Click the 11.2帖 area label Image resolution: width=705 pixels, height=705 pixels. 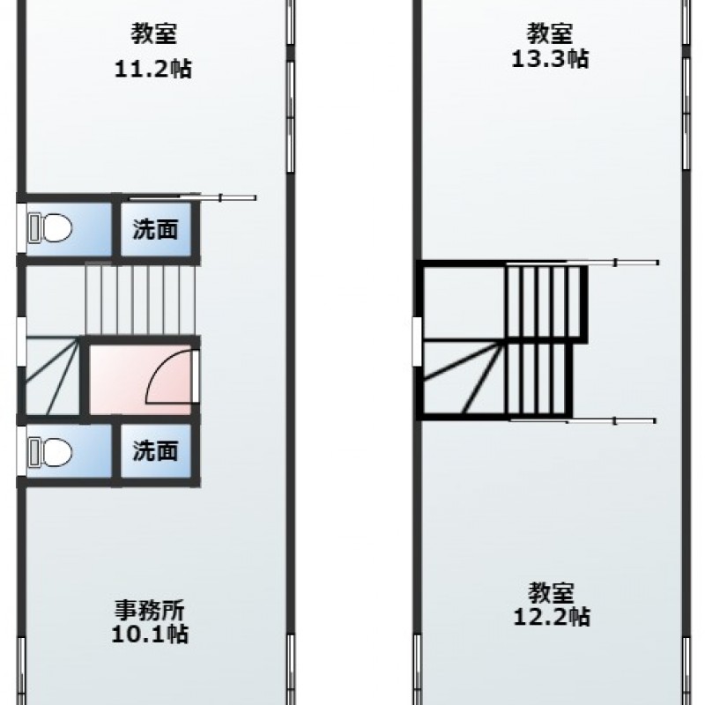[x=153, y=69]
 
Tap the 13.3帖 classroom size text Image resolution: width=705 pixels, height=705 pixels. [x=550, y=58]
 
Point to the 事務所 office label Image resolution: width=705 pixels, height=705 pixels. [x=150, y=610]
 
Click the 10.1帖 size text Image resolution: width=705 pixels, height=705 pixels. [x=150, y=634]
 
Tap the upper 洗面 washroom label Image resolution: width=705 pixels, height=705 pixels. [x=156, y=229]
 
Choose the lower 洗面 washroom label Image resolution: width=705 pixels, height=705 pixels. [x=156, y=450]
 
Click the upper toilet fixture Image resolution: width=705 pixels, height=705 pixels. [x=50, y=228]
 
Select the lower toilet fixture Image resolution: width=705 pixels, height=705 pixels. [x=50, y=452]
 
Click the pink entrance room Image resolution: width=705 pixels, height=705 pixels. [x=140, y=380]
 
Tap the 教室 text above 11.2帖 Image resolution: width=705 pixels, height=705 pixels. [x=153, y=33]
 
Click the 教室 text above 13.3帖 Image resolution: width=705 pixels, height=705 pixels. [x=549, y=33]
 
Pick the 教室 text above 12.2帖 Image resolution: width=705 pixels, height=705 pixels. [x=552, y=592]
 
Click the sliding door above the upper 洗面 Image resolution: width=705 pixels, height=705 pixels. [x=193, y=197]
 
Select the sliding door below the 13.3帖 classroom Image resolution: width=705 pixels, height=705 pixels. [x=583, y=263]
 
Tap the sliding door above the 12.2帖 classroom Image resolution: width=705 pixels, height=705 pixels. [x=583, y=421]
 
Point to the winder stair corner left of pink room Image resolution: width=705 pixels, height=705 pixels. [x=53, y=376]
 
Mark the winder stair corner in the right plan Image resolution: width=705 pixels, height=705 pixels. [x=464, y=378]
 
